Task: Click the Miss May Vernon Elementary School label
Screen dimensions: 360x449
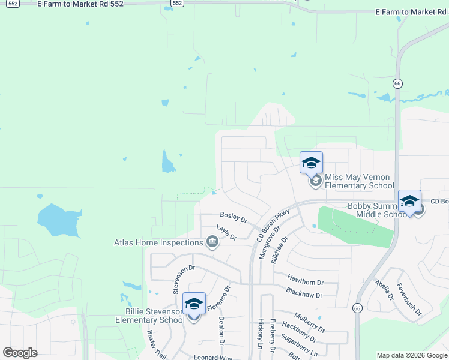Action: tap(359, 181)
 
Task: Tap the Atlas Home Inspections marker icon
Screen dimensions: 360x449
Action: tap(211, 242)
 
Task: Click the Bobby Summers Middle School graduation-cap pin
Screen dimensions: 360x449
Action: tap(409, 201)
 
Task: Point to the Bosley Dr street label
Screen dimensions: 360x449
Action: tap(234, 217)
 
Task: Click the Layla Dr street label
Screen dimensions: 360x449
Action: tap(226, 233)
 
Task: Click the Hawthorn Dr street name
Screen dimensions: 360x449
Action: tap(305, 281)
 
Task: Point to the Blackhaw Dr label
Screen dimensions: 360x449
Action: tap(304, 295)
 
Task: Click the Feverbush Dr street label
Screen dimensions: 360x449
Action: tap(410, 301)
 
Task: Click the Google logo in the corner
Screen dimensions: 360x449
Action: tap(20, 352)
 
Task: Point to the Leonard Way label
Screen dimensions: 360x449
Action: tap(212, 357)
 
